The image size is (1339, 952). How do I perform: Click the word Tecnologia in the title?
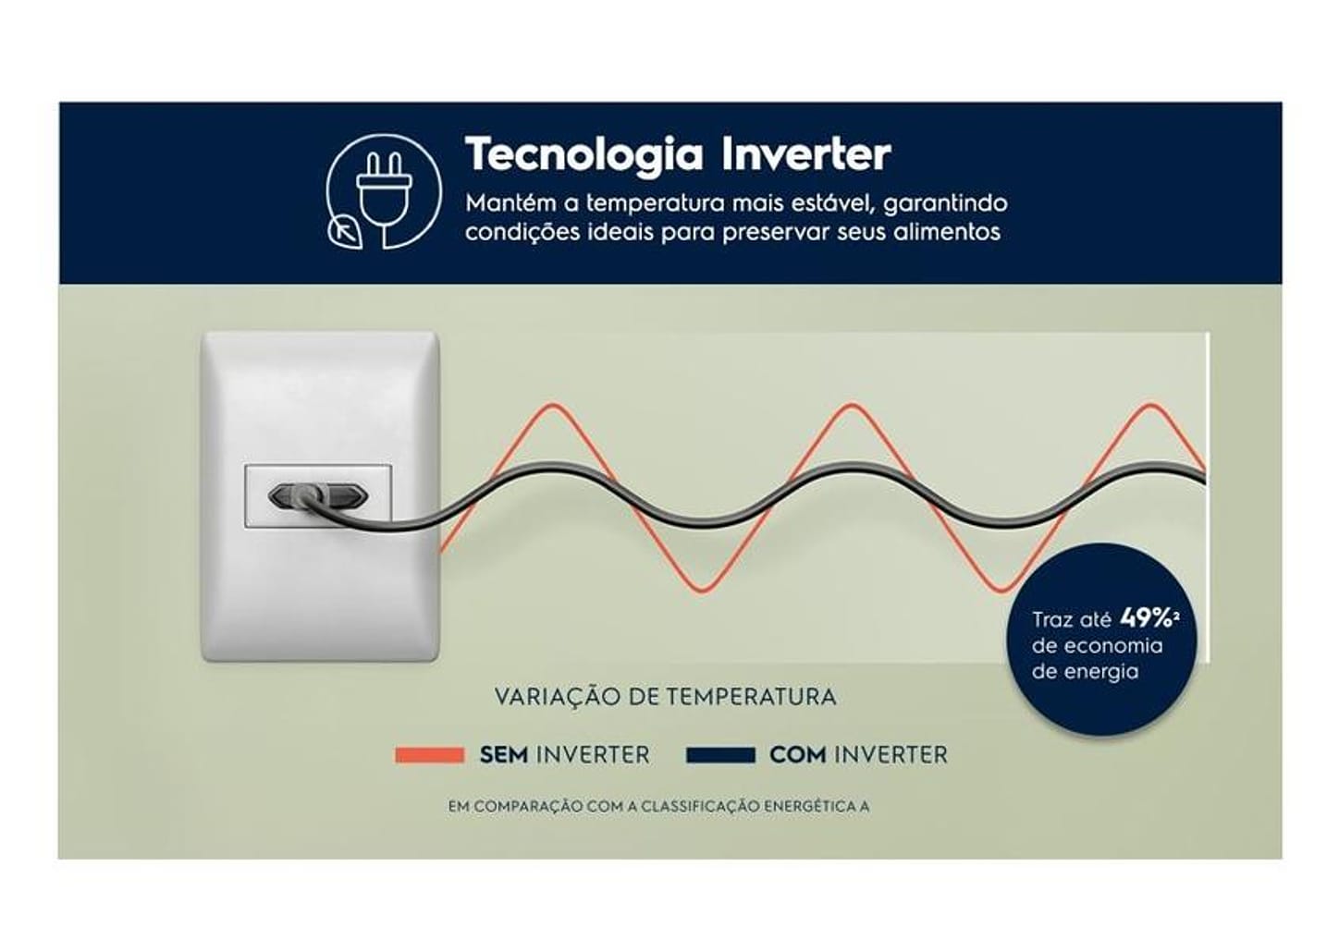(584, 154)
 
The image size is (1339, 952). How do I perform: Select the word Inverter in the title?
(806, 154)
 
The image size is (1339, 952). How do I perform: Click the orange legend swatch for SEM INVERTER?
(429, 755)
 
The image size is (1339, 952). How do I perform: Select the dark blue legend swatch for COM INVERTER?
(720, 755)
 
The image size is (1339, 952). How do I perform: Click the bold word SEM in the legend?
(503, 755)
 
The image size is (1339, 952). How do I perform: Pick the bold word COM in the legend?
(798, 755)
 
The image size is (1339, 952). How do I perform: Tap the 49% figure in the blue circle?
(1145, 618)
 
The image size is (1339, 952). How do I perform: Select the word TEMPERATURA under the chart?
(752, 697)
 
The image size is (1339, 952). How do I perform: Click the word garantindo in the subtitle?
(945, 203)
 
